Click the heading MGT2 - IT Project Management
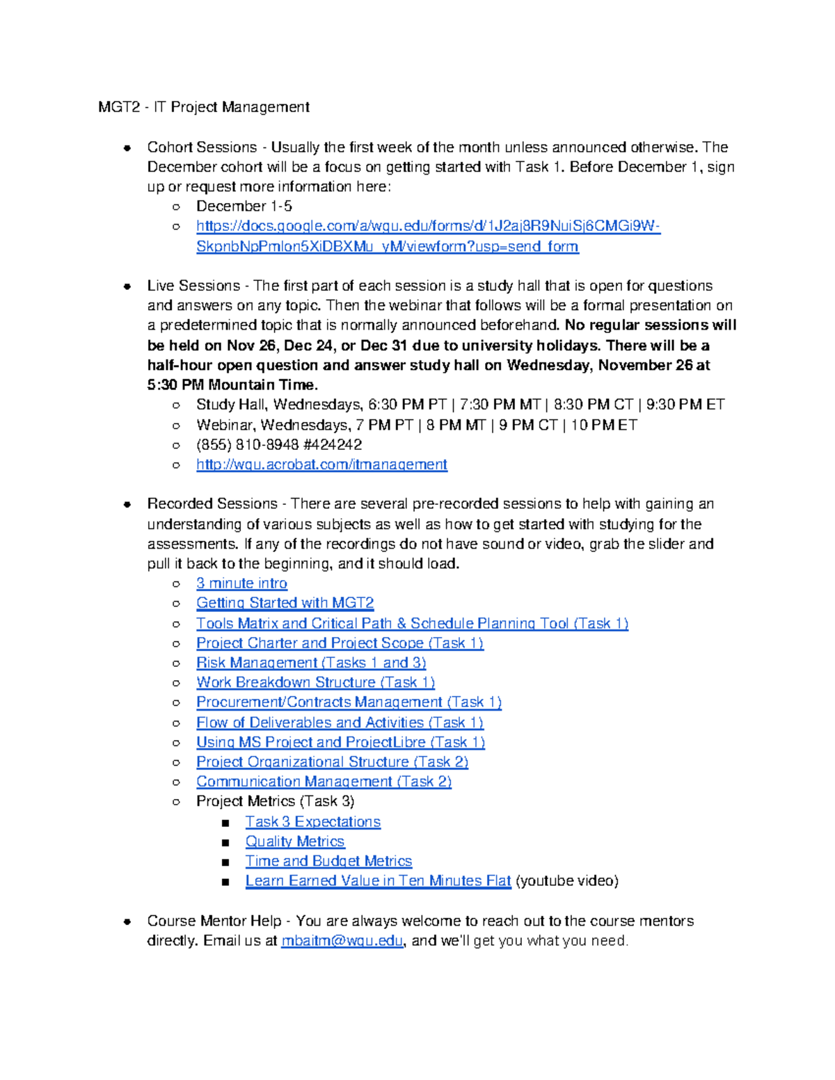(x=204, y=107)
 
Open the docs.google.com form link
(x=427, y=226)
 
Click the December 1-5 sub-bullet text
(x=244, y=207)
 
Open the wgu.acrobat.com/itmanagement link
(x=321, y=465)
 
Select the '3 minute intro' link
(x=241, y=583)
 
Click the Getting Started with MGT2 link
(x=285, y=603)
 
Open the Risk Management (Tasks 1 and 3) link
(x=311, y=663)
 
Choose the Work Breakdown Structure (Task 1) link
(x=315, y=683)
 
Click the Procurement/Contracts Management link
(x=349, y=702)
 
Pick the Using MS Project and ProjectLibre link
(x=340, y=743)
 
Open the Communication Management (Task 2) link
(x=324, y=782)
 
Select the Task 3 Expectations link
(x=312, y=822)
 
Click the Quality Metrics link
(x=294, y=841)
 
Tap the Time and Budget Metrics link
(x=328, y=862)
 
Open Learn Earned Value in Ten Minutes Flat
(x=378, y=881)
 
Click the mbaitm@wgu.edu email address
(x=342, y=941)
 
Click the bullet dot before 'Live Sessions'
(x=127, y=286)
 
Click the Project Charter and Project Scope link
(x=340, y=643)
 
